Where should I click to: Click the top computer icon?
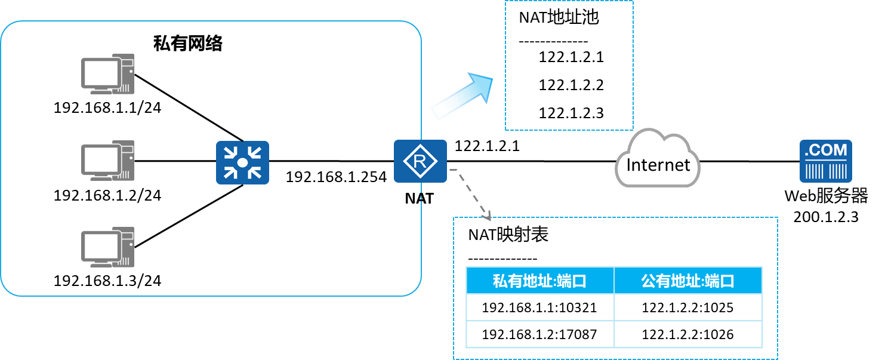pos(107,74)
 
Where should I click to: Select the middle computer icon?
pos(107,161)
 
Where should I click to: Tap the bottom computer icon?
pos(107,247)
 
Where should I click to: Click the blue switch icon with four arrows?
pos(242,162)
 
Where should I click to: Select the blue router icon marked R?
pos(420,161)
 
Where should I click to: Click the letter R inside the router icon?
pos(420,161)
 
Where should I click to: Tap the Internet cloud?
pos(658,158)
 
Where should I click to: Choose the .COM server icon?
pos(826,161)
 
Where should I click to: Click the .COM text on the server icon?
pos(826,150)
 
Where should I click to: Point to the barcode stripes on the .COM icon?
pos(826,171)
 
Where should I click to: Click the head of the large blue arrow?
pos(482,85)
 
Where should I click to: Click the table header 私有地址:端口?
pos(539,281)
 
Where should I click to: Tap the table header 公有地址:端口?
pos(688,281)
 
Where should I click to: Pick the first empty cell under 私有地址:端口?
pos(539,307)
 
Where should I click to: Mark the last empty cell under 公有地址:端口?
pos(688,334)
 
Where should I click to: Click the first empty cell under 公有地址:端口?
pos(688,307)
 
